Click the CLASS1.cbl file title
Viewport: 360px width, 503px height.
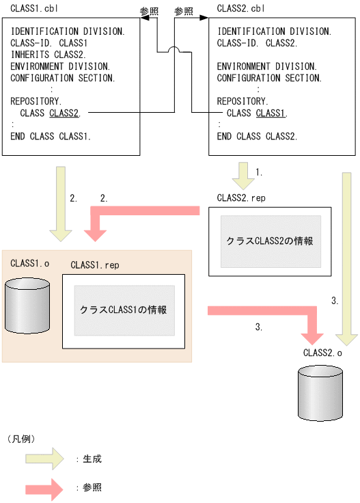click(33, 8)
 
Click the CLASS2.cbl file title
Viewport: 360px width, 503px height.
click(240, 8)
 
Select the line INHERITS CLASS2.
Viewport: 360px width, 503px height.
click(49, 55)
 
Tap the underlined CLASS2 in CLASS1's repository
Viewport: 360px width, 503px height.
click(64, 113)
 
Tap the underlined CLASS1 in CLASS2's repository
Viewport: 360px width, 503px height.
click(271, 113)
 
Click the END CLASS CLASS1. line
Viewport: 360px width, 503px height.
click(51, 137)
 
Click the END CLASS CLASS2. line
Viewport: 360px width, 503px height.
click(257, 137)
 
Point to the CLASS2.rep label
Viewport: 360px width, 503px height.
click(240, 198)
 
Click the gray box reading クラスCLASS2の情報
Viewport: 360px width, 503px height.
click(270, 241)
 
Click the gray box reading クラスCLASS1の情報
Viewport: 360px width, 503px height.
click(124, 310)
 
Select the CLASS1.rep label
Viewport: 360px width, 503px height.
click(94, 265)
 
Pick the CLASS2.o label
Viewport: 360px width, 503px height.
click(322, 353)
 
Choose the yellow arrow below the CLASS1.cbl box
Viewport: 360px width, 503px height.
click(61, 203)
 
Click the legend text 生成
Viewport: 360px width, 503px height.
click(92, 459)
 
